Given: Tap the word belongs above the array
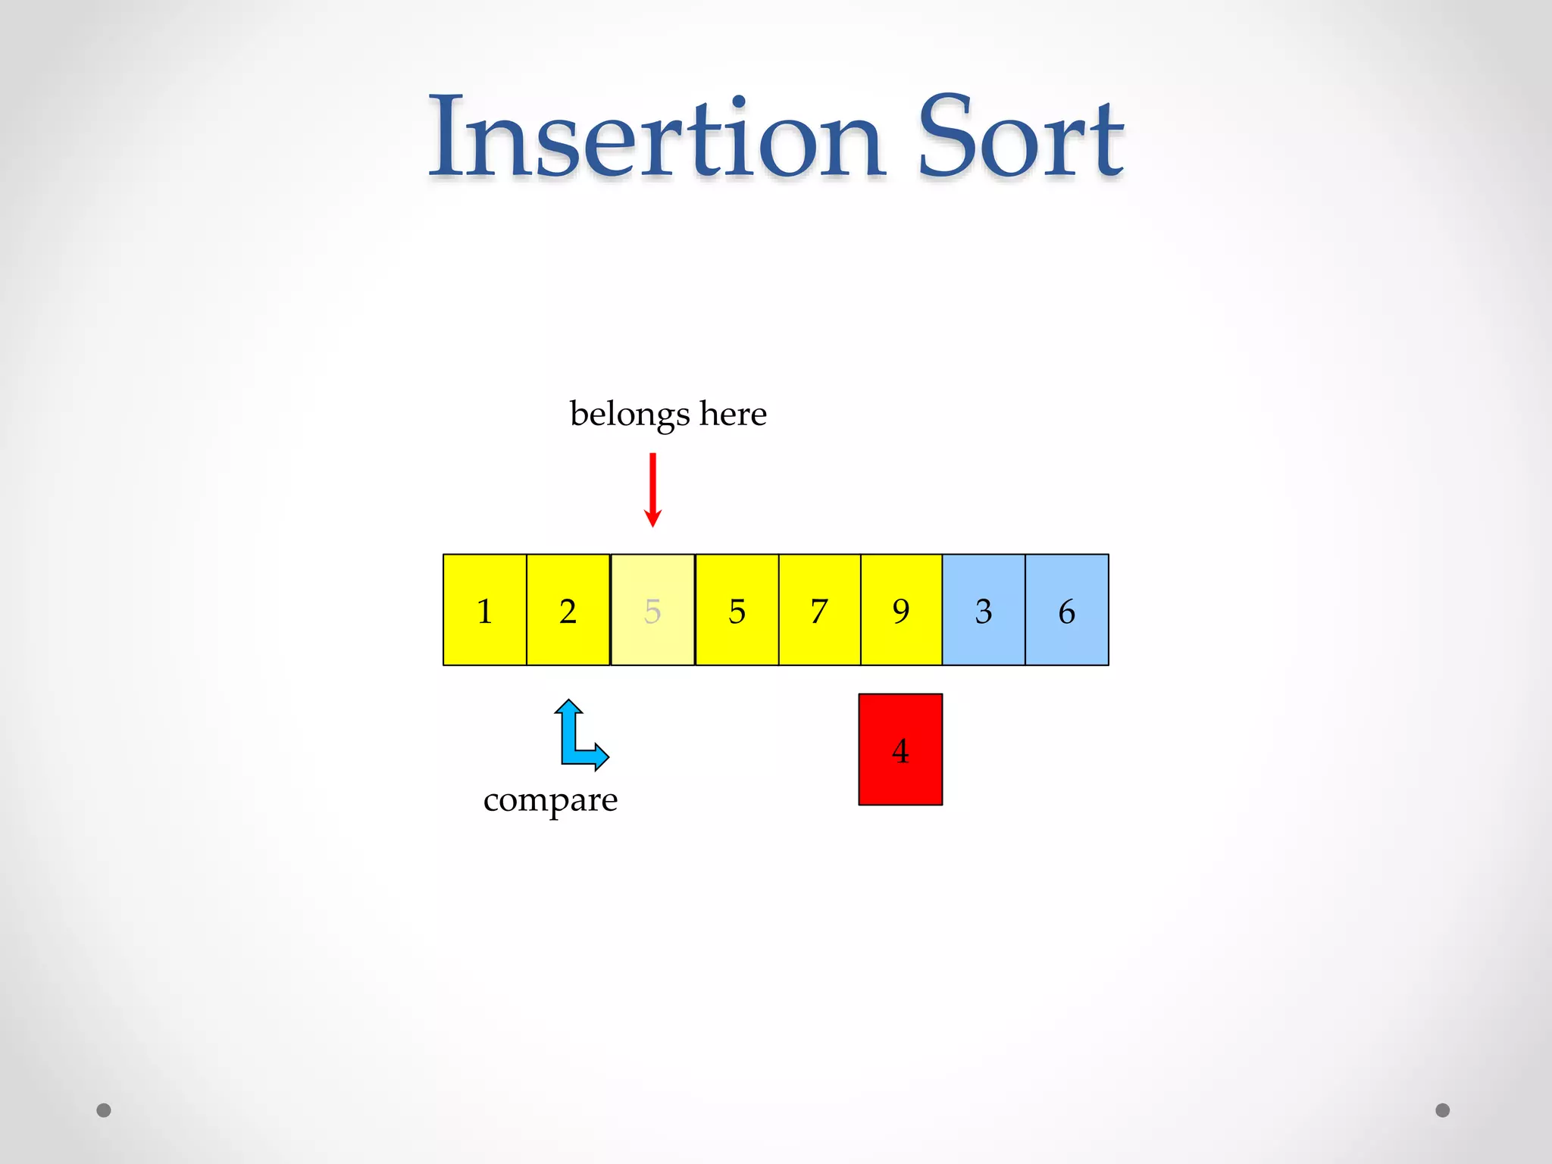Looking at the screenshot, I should (x=630, y=415).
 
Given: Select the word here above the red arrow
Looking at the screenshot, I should (x=733, y=414).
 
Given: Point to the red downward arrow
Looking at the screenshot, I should (x=652, y=490).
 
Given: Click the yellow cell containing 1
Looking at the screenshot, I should (x=485, y=610).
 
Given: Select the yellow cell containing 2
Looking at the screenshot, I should (x=568, y=610).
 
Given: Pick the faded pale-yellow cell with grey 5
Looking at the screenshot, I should (x=652, y=610).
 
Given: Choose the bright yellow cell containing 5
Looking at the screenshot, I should (x=737, y=610).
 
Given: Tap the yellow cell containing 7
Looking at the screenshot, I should (x=819, y=610).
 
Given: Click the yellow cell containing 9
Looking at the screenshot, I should (x=901, y=610).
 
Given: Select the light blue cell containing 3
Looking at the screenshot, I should (x=984, y=610).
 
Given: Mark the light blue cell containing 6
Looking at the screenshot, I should (x=1067, y=610).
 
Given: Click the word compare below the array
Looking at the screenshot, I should (x=550, y=800).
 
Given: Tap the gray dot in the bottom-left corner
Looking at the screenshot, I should (x=104, y=1110).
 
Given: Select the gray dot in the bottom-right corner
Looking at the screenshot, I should (x=1443, y=1110).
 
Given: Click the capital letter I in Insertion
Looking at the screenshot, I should (x=446, y=136).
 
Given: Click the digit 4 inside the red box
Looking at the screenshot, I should (x=900, y=751).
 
